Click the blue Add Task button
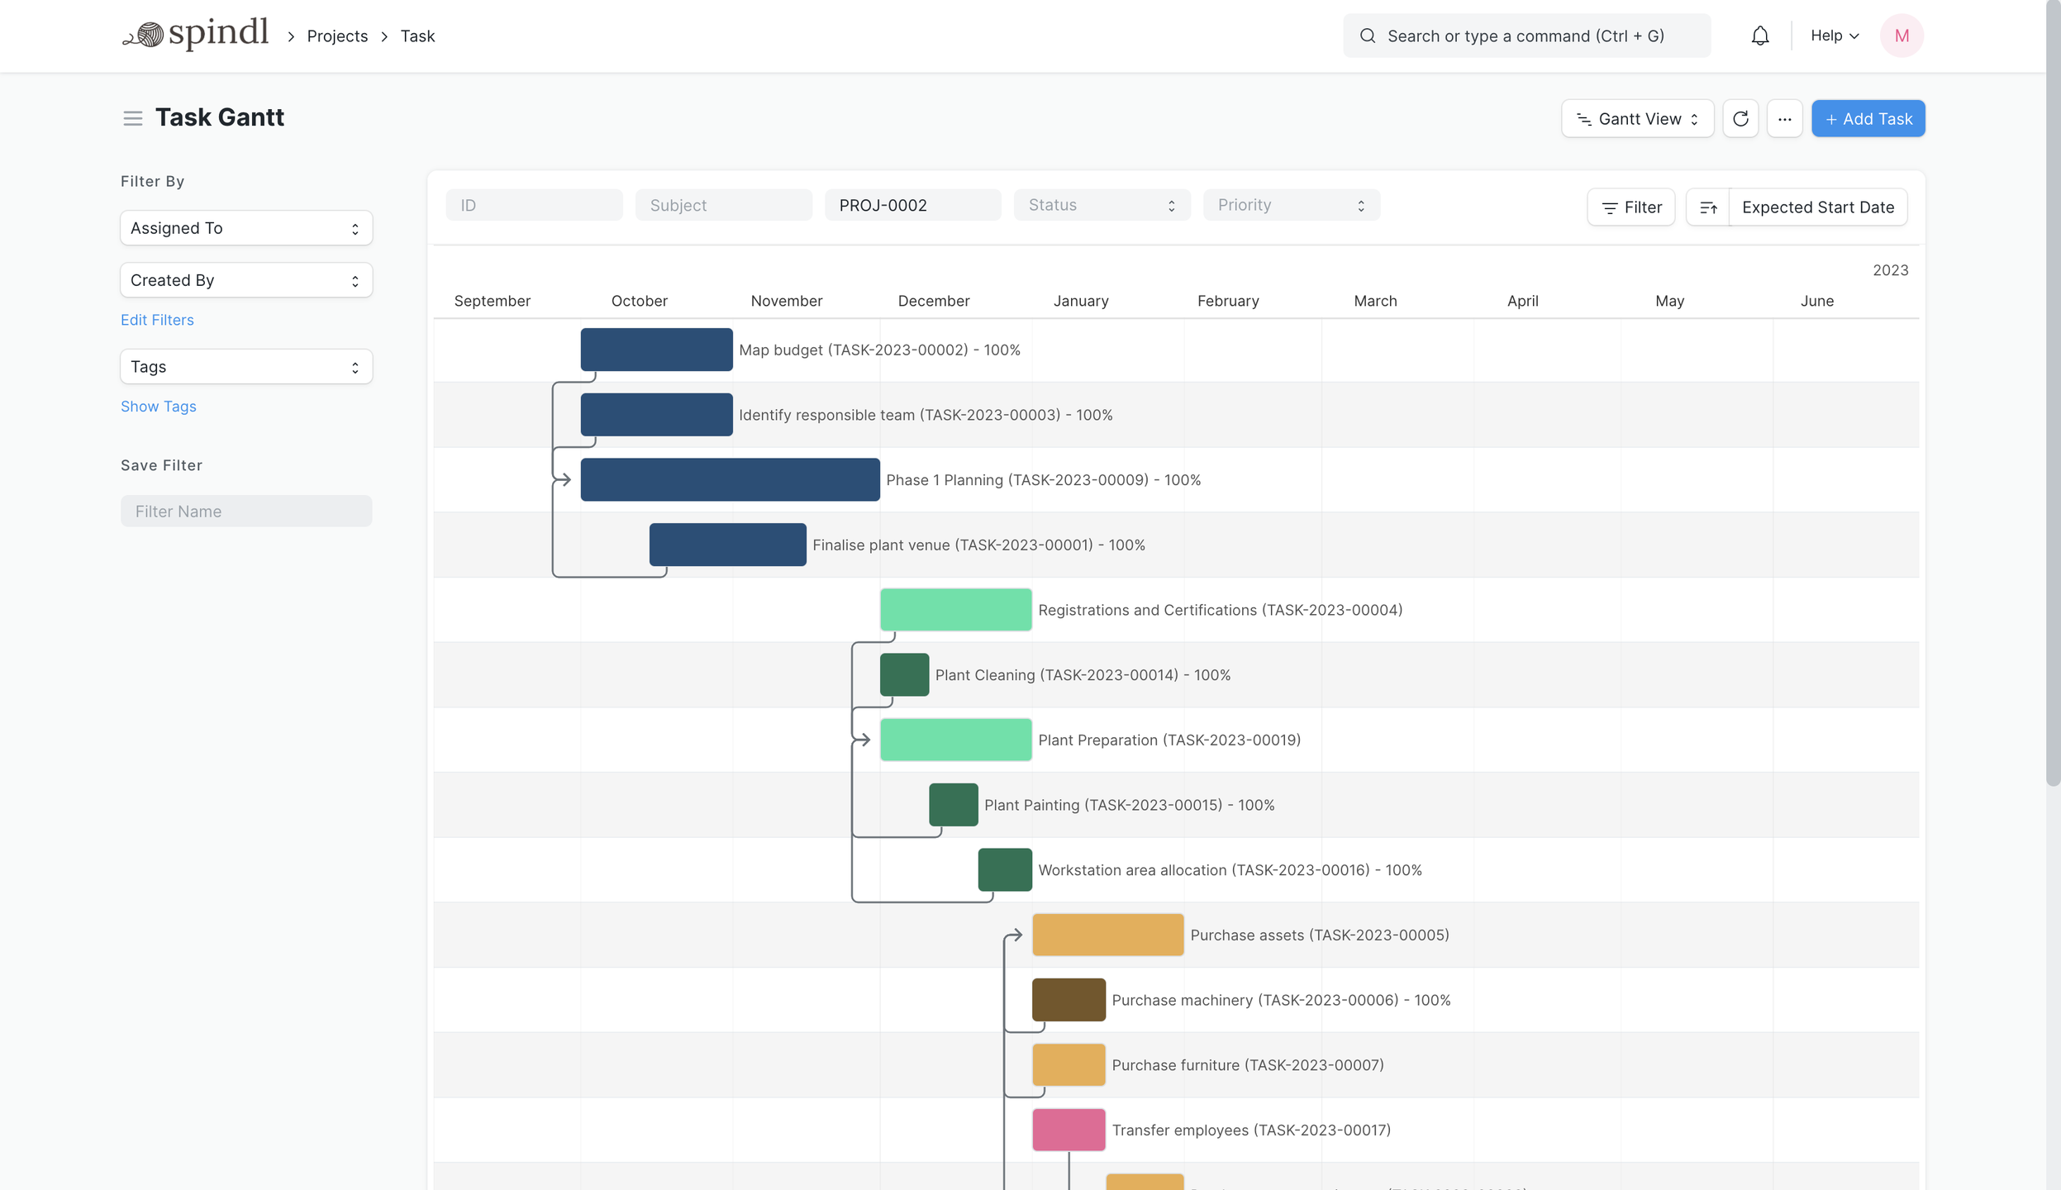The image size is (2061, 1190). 1868,119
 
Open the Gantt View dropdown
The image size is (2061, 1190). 1636,119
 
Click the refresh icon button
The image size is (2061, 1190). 1740,119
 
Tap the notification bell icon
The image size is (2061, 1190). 1759,36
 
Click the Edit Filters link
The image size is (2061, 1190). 157,320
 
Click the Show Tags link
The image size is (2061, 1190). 158,407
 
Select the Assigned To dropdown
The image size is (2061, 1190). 245,228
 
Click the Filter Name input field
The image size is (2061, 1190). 245,512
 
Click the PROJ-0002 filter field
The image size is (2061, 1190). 912,205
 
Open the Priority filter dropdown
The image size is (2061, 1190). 1291,205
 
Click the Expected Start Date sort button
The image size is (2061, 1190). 1817,207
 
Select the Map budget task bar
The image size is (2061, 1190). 655,350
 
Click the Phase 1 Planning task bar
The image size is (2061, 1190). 729,480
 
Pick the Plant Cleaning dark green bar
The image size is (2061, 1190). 903,675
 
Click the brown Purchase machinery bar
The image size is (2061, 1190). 1068,1000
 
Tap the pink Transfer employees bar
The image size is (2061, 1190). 1068,1130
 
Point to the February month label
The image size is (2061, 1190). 1227,301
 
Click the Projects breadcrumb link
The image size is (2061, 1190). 337,36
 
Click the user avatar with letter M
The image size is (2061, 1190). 1901,36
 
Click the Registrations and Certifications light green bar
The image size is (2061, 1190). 954,610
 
